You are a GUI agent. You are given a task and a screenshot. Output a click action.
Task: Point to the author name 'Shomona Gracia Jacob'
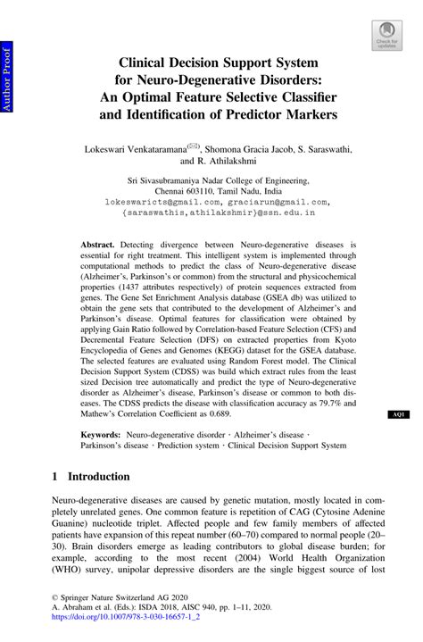point(261,149)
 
